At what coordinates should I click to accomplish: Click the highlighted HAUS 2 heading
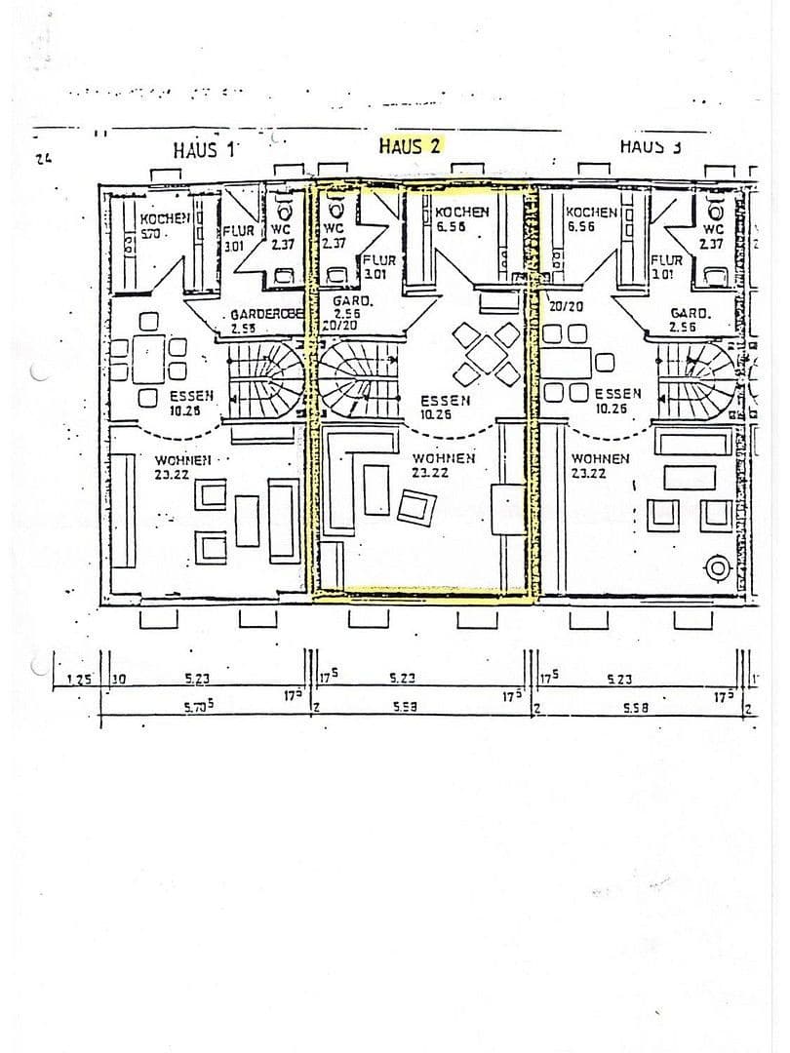coord(410,145)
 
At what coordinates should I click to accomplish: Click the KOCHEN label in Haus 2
coord(461,213)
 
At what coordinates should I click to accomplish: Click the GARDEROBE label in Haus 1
coord(267,316)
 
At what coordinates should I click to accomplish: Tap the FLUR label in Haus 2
coord(378,261)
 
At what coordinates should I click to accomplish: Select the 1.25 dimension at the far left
coord(78,679)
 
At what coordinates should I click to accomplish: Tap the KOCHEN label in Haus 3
coord(591,213)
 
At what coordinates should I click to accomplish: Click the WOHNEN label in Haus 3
coord(600,459)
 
